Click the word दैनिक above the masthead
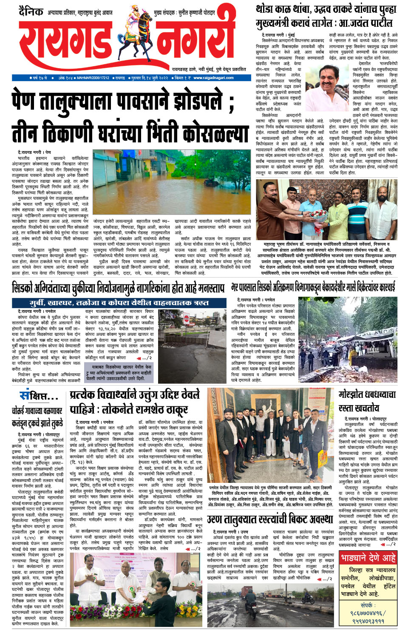31,11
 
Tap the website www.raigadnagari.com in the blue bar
213,78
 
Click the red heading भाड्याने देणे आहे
368,558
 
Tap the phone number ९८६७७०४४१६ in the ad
368,613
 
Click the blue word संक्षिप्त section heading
38,397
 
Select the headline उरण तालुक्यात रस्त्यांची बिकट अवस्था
270,519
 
